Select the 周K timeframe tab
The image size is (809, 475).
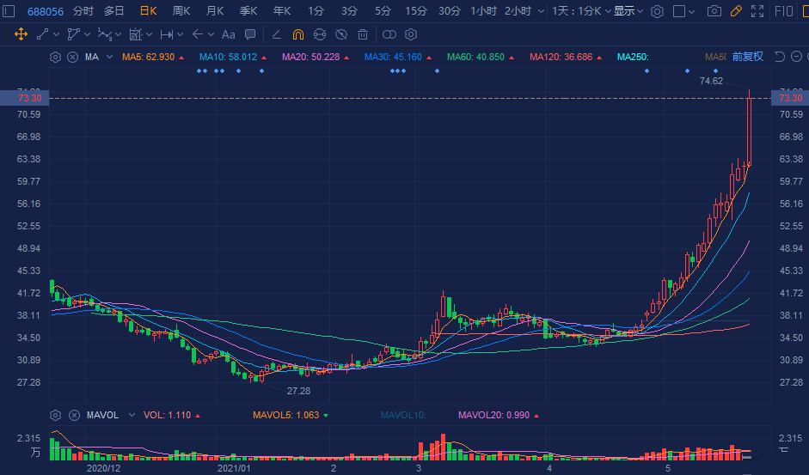point(181,11)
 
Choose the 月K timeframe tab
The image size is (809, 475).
point(214,11)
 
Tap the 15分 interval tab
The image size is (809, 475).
point(416,11)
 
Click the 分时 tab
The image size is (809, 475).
point(83,11)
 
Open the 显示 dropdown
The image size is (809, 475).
point(628,11)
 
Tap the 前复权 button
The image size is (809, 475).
point(747,57)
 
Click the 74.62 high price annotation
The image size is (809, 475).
point(711,81)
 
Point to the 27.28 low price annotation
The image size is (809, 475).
point(298,391)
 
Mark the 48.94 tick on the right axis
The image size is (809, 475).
point(790,248)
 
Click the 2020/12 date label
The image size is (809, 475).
point(103,469)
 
